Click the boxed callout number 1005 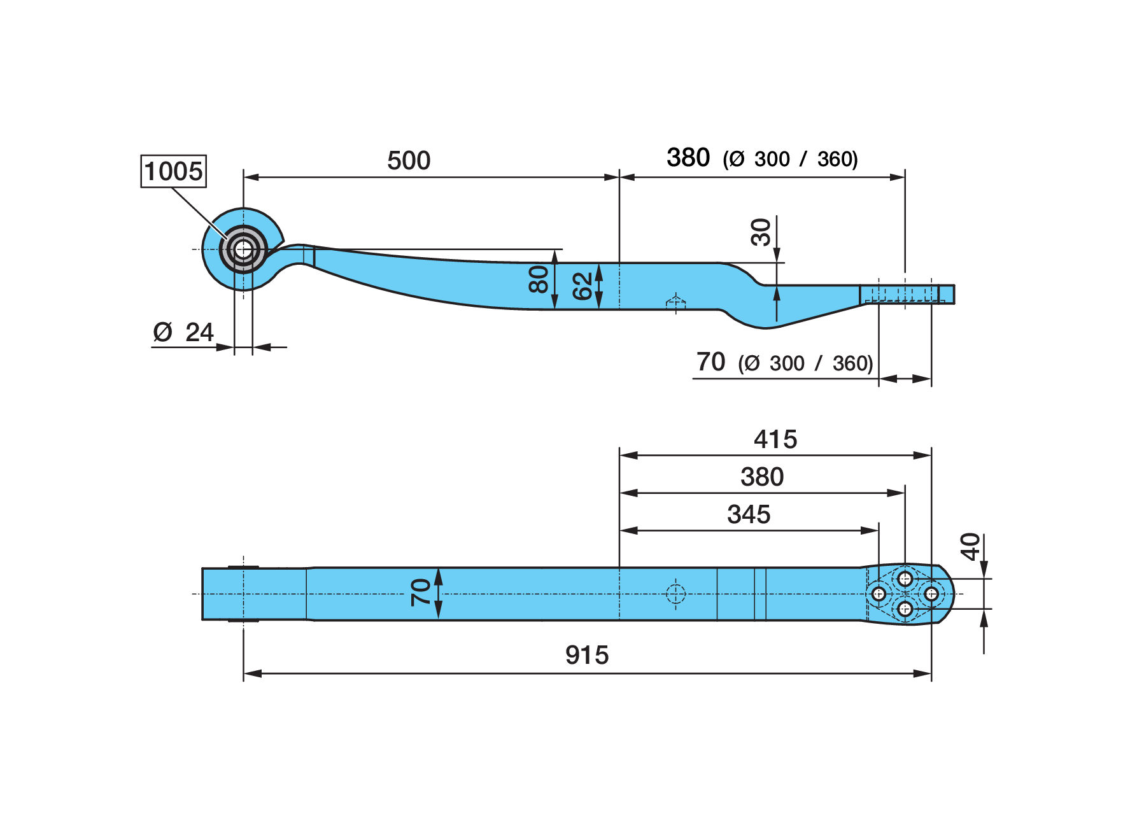pyautogui.click(x=173, y=171)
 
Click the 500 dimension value pyautogui.click(x=409, y=160)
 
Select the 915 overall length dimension pyautogui.click(x=587, y=655)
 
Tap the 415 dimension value pyautogui.click(x=775, y=439)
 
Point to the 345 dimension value pyautogui.click(x=749, y=514)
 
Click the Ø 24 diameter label pyautogui.click(x=183, y=332)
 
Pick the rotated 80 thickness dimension pyautogui.click(x=539, y=279)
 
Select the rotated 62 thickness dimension pyautogui.click(x=583, y=286)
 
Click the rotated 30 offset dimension pyautogui.click(x=761, y=232)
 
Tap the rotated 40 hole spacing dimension pyautogui.click(x=970, y=547)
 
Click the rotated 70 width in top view pyautogui.click(x=421, y=592)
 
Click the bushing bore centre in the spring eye pyautogui.click(x=243, y=250)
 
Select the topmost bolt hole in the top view pyautogui.click(x=905, y=579)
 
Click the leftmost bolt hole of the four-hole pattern pyautogui.click(x=879, y=594)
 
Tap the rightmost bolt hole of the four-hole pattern pyautogui.click(x=931, y=594)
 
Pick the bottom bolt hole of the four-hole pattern pyautogui.click(x=905, y=609)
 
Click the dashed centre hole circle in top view pyautogui.click(x=675, y=594)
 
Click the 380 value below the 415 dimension pyautogui.click(x=762, y=477)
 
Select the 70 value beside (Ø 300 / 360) pyautogui.click(x=710, y=362)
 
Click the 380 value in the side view pyautogui.click(x=688, y=157)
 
